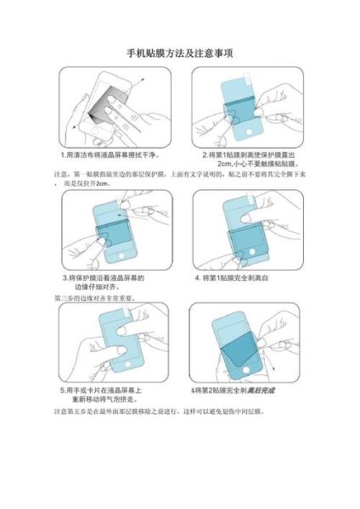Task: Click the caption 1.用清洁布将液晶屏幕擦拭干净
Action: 110,156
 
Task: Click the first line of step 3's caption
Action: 103,277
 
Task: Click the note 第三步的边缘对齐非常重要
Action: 94,298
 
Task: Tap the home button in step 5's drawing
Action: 121,366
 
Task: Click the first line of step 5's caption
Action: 105,390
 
